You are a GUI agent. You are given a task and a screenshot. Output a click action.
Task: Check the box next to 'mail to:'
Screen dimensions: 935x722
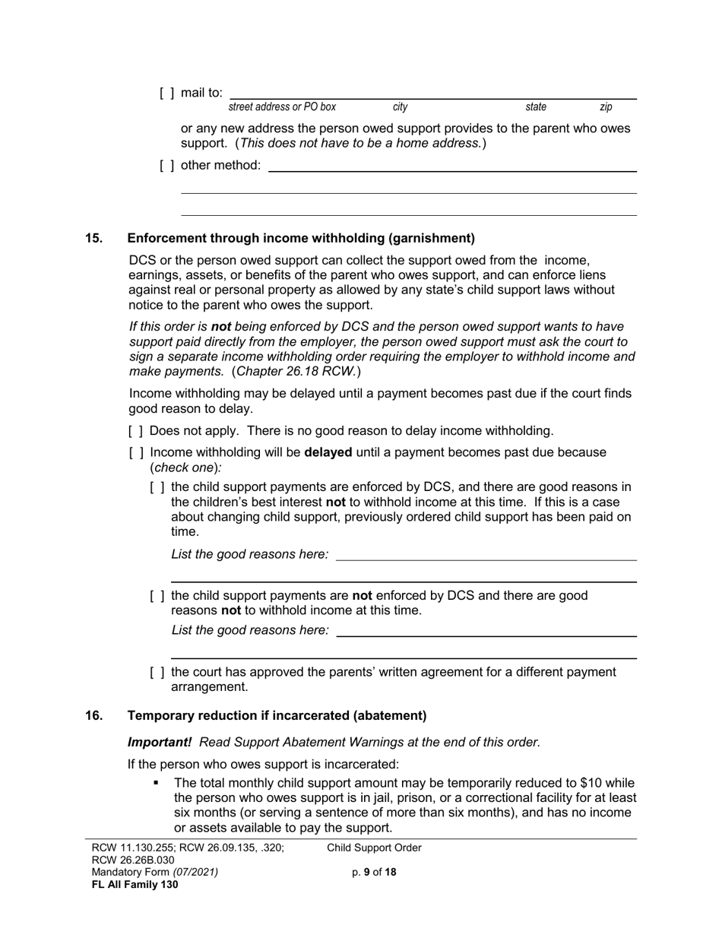pyautogui.click(x=166, y=93)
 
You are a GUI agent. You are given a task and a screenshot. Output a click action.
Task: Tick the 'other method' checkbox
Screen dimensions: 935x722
pyautogui.click(x=166, y=166)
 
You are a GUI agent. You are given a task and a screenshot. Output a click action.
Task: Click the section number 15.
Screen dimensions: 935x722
pyautogui.click(x=93, y=239)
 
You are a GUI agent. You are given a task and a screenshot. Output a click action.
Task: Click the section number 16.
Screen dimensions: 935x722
pyautogui.click(x=93, y=716)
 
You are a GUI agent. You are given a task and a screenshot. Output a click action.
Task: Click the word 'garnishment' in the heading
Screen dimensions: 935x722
pyautogui.click(x=431, y=239)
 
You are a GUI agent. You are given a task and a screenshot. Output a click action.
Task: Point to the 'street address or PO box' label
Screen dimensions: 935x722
pyautogui.click(x=282, y=108)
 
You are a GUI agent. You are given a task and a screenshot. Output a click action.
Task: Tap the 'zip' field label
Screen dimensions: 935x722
pyautogui.click(x=606, y=108)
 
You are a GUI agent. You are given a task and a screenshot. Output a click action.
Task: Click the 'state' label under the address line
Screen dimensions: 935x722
pyautogui.click(x=536, y=108)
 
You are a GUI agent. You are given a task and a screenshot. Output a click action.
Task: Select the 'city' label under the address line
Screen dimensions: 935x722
pyautogui.click(x=400, y=108)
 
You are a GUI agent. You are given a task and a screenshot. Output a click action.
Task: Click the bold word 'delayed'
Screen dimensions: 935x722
pyautogui.click(x=328, y=453)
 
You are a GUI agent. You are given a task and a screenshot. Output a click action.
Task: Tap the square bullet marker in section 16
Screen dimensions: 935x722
pyautogui.click(x=157, y=783)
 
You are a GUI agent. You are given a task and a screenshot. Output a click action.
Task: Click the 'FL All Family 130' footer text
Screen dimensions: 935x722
pyautogui.click(x=135, y=885)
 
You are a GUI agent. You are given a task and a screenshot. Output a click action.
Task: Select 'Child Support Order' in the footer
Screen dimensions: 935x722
pyautogui.click(x=374, y=848)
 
